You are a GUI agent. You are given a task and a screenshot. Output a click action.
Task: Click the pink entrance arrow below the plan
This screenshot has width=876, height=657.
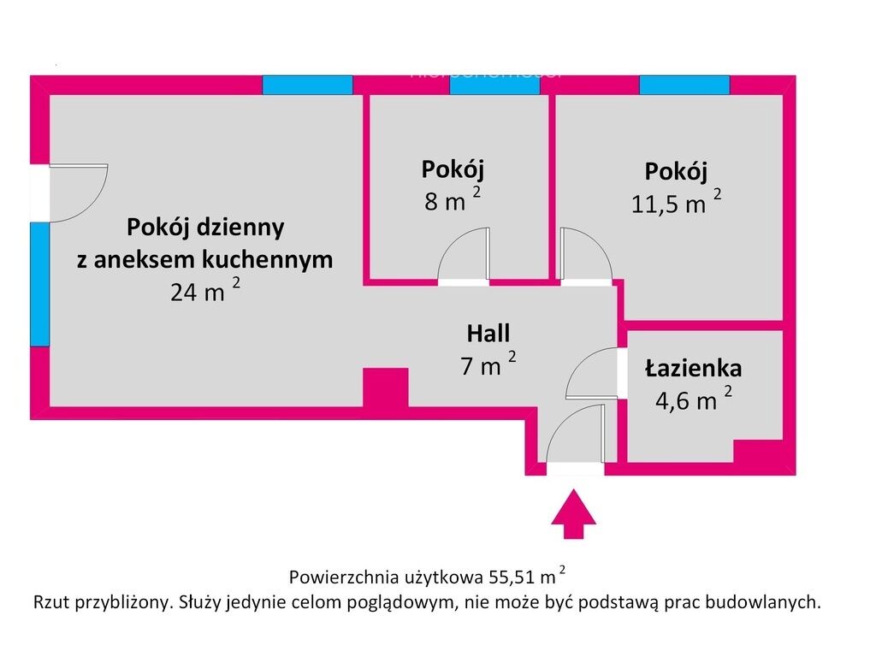(574, 514)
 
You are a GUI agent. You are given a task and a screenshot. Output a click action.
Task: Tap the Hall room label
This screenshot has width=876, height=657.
(488, 334)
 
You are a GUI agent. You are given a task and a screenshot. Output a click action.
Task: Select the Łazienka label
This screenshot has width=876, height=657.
(693, 369)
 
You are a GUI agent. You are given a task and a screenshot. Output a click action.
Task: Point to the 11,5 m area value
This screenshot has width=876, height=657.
(676, 202)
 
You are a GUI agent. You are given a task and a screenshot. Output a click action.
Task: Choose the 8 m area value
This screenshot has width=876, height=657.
(452, 199)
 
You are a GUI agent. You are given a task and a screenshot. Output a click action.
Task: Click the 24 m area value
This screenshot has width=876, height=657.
(205, 291)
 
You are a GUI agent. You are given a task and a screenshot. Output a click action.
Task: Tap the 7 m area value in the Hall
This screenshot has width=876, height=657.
(488, 364)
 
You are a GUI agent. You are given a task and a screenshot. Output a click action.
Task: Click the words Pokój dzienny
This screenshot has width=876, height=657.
(205, 228)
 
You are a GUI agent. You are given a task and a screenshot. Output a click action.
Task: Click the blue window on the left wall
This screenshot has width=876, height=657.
(39, 284)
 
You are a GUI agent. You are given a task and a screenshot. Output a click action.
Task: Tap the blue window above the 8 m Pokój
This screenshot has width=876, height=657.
(495, 85)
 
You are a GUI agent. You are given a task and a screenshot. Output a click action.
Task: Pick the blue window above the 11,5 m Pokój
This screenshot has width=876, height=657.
(684, 85)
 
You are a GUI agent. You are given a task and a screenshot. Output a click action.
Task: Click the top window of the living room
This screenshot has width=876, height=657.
(307, 85)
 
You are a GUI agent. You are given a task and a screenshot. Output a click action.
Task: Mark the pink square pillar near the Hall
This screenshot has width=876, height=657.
(386, 388)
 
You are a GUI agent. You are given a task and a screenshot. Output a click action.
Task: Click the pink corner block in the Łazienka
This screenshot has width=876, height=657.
(758, 451)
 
